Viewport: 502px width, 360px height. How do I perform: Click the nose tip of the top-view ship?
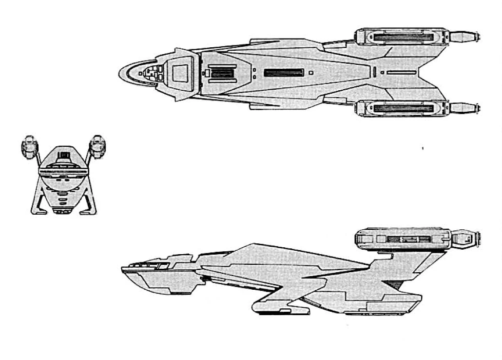pos(119,74)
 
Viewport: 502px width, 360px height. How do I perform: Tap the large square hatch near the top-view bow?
pos(180,73)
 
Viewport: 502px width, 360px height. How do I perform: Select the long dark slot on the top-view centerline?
pos(284,73)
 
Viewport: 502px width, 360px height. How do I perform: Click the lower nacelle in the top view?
pos(399,108)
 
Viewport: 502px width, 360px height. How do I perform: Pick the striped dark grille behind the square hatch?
pos(222,73)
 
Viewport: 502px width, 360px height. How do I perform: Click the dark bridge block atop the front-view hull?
pos(63,156)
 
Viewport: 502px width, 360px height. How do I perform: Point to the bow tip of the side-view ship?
pos(122,269)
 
